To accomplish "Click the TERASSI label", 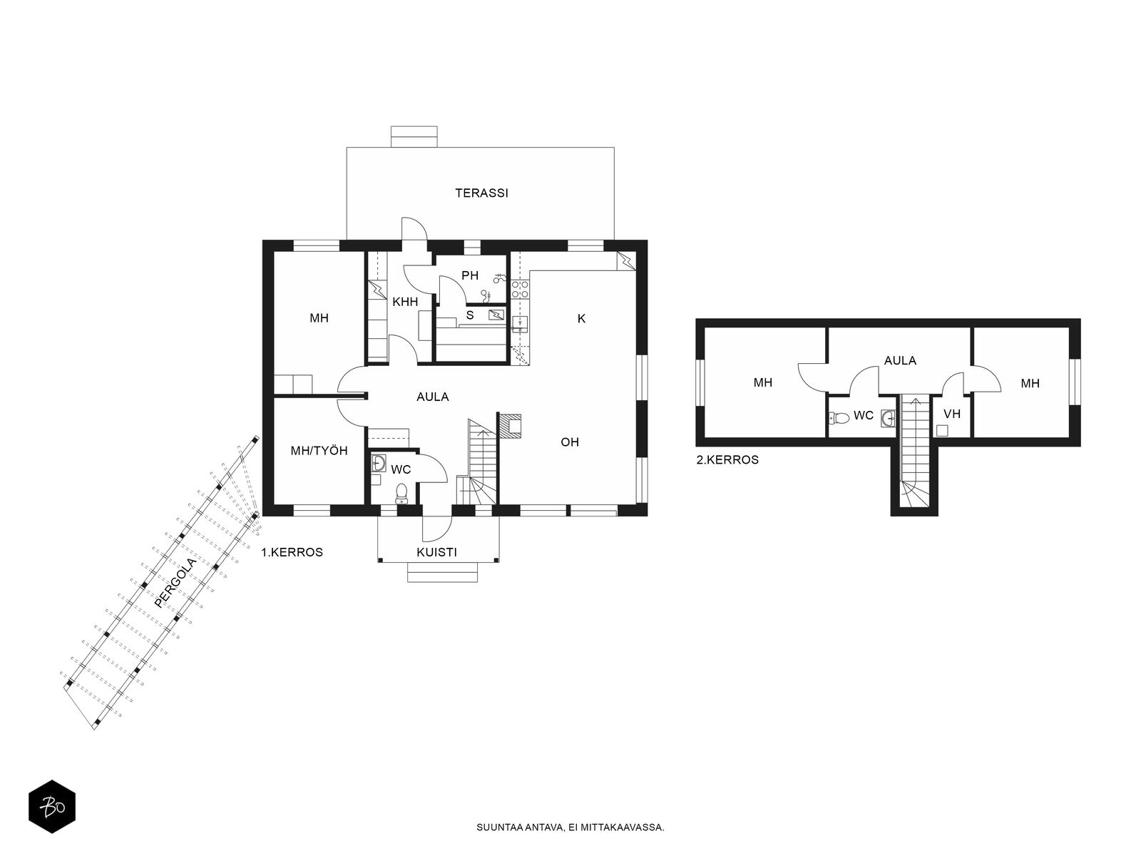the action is coord(481,193).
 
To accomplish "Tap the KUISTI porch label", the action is coord(436,552).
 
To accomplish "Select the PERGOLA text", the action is coord(176,583).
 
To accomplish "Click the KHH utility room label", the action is coord(405,302).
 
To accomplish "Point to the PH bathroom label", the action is coord(470,275).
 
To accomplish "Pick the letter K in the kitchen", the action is coord(582,319).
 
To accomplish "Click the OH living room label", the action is coord(570,442).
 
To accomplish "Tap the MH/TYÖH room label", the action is coord(319,451).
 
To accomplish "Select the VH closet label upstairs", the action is coord(952,414).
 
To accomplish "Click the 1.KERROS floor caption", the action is coord(292,552).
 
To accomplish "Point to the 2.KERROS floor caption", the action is coord(727,460).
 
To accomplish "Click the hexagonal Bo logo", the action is coord(52,807).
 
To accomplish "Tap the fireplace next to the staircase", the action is coord(510,426).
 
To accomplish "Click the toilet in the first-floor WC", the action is coord(401,494).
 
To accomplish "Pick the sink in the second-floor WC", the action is coord(888,419).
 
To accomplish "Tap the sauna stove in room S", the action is coord(496,314).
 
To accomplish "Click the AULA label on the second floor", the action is coord(901,360).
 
